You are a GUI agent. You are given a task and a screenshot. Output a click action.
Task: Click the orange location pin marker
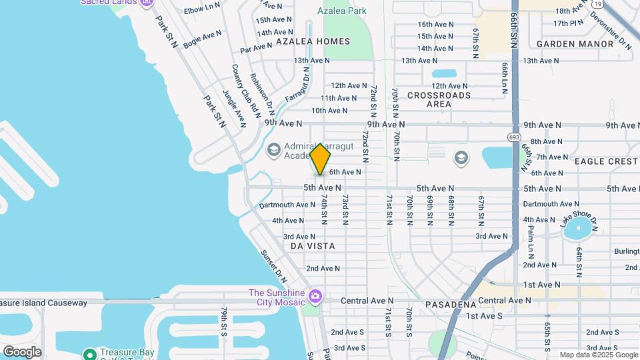[x=321, y=159]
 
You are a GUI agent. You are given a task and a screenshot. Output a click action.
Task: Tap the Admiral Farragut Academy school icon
[x=273, y=149]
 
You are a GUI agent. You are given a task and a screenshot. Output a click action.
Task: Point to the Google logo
[x=22, y=352]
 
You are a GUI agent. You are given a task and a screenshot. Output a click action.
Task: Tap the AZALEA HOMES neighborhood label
[x=313, y=41]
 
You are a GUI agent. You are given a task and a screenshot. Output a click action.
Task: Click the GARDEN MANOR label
[x=575, y=44]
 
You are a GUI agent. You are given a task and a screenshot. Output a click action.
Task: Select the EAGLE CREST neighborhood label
[x=606, y=161]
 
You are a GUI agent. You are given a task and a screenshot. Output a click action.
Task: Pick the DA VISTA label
[x=313, y=246]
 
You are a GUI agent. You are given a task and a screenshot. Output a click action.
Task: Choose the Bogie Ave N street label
[x=202, y=38]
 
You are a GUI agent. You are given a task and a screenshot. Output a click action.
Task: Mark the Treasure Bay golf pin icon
[x=89, y=354]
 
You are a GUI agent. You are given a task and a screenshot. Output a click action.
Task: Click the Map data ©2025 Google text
[x=597, y=355]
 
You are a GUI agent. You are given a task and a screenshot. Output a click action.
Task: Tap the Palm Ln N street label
[x=531, y=241]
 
